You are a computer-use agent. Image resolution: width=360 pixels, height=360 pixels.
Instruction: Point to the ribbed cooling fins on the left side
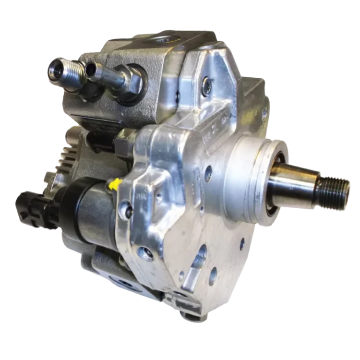point(67,158)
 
